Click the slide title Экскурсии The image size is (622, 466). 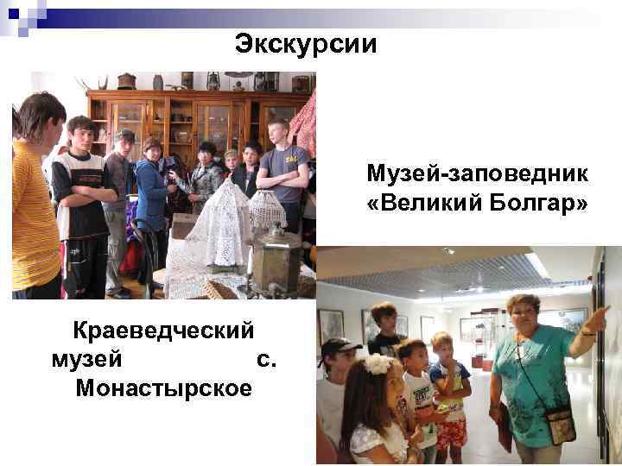[x=306, y=44]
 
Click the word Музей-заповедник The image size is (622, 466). [x=477, y=175]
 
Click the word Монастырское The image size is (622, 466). [x=163, y=388]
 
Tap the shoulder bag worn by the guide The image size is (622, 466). [x=560, y=425]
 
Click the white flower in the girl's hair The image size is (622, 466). [x=378, y=363]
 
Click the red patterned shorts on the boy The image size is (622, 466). [x=450, y=432]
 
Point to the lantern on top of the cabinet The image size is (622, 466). [x=213, y=81]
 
